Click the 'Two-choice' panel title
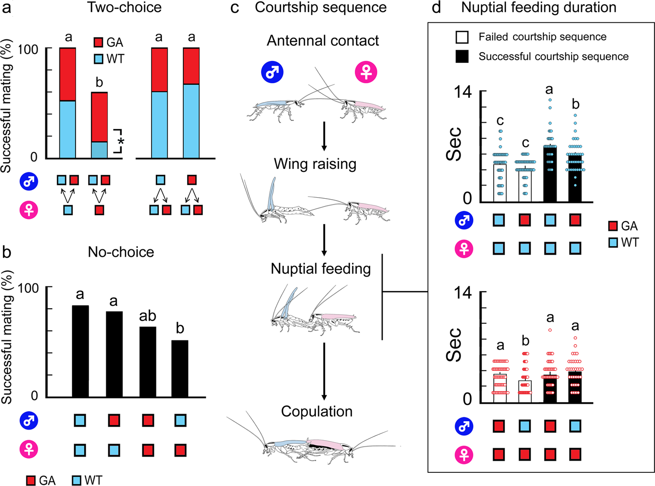pos(124,8)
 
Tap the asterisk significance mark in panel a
pos(121,142)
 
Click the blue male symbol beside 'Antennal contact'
pos(272,72)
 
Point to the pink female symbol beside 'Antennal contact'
pos(366,72)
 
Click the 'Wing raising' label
pos(315,164)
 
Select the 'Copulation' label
pos(317,411)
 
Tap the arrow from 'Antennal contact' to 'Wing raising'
pos(324,136)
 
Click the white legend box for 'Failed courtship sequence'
pos(462,37)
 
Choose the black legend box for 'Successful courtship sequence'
pos(462,56)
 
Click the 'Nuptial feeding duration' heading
pos(539,8)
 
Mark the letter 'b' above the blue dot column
pos(576,104)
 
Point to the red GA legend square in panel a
pos(98,42)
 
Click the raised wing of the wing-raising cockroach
pos(271,194)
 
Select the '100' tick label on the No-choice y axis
pos(28,287)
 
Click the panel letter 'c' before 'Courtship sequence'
pos(235,8)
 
